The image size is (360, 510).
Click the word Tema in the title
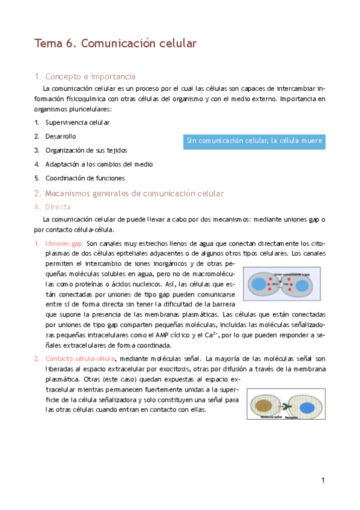pos(49,43)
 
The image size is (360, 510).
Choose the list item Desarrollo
pos(61,137)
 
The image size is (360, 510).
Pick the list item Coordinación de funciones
pos(85,178)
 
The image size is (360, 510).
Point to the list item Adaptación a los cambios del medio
pos(99,164)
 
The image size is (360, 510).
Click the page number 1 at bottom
pos(323,480)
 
